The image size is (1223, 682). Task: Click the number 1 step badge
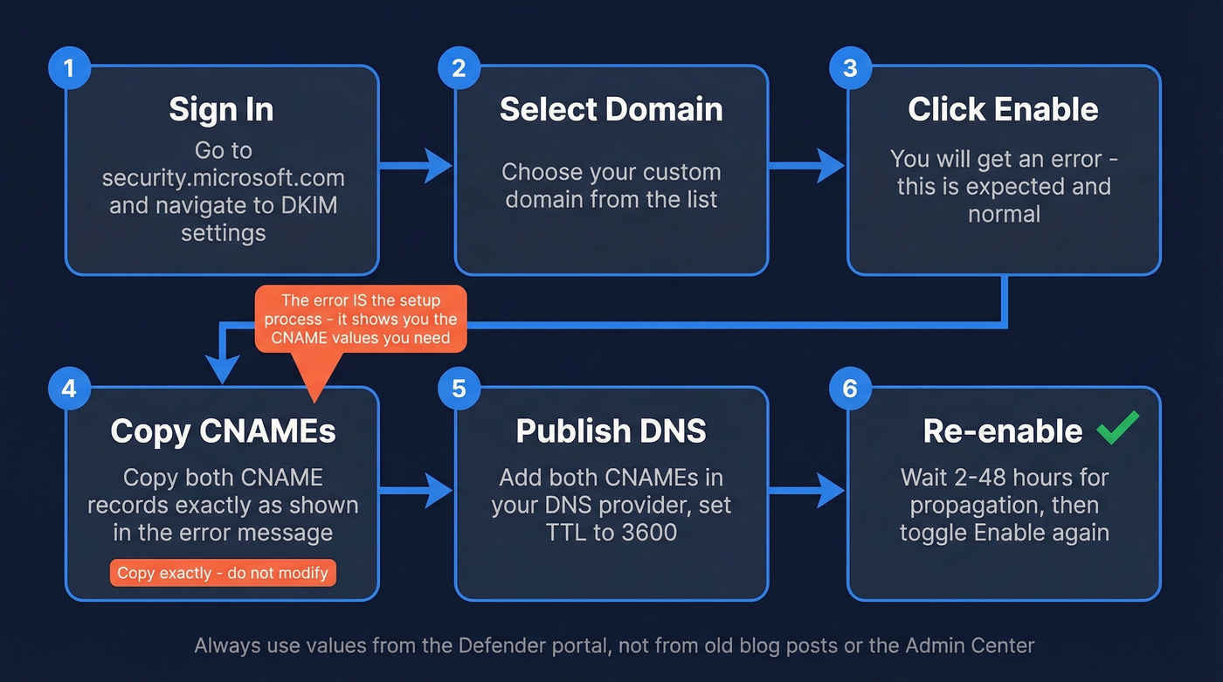click(68, 67)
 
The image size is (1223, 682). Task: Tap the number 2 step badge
click(459, 67)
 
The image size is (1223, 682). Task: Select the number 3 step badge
click(850, 67)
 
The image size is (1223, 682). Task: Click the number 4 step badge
click(68, 389)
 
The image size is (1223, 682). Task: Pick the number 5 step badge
click(459, 389)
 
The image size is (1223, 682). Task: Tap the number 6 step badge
click(850, 389)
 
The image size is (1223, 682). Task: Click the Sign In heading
click(221, 110)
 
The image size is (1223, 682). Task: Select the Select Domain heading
click(611, 110)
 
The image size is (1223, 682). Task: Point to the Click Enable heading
click(1003, 110)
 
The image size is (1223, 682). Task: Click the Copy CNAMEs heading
click(223, 431)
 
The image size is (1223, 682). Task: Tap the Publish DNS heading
click(611, 431)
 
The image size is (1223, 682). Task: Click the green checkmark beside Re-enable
click(1117, 428)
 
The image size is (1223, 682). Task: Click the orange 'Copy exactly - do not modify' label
click(223, 573)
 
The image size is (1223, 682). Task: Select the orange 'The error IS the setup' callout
click(361, 320)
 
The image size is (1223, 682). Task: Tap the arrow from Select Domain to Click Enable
click(807, 165)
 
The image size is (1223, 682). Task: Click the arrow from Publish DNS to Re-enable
click(807, 491)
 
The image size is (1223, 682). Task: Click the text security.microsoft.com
click(223, 178)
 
